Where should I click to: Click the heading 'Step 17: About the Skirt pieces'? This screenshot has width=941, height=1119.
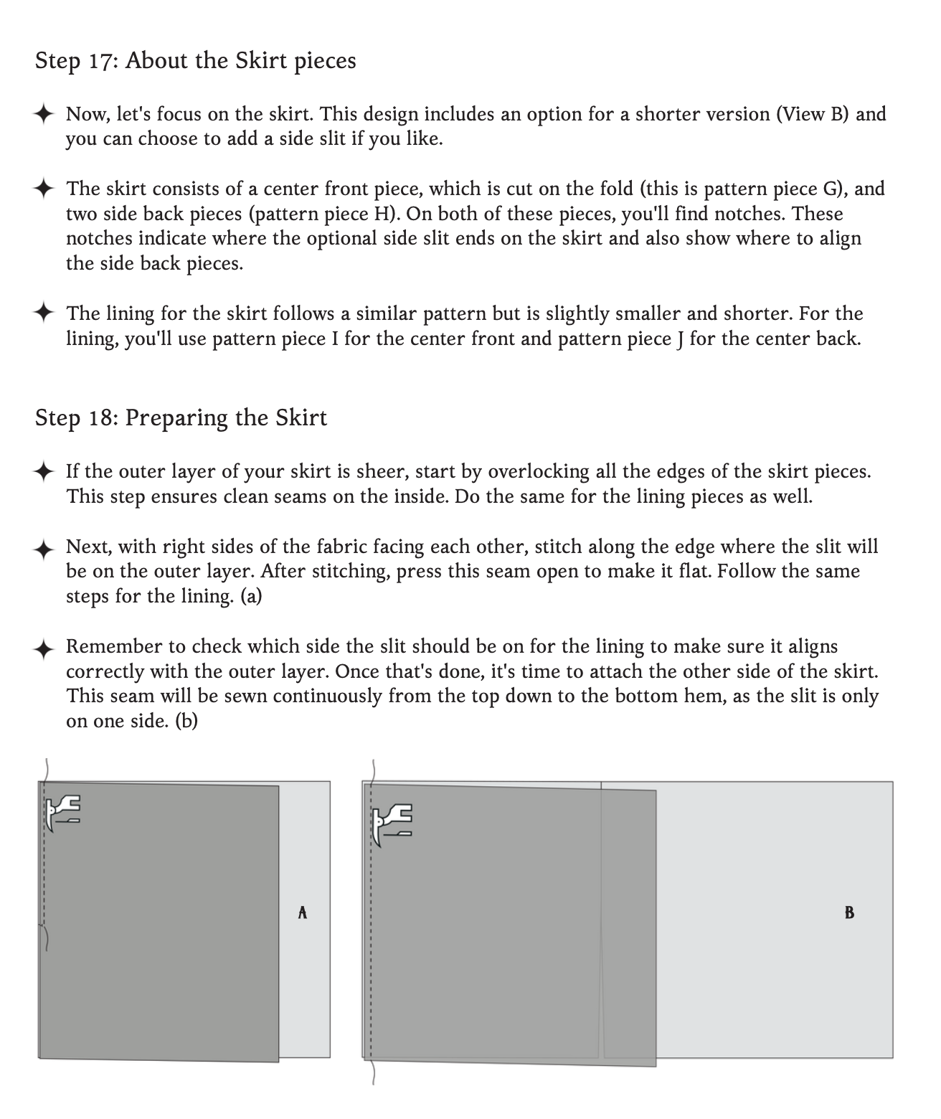point(195,60)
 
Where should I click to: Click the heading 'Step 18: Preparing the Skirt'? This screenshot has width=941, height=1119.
point(181,417)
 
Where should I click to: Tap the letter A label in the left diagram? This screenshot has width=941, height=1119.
point(303,912)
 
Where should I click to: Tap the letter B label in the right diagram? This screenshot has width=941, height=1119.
point(849,912)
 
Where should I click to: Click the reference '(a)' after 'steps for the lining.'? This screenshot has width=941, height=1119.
point(251,596)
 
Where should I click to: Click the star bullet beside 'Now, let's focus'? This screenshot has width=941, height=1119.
point(44,114)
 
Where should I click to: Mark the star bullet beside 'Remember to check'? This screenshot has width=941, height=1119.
point(44,648)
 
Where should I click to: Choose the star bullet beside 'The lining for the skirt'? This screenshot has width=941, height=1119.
point(44,313)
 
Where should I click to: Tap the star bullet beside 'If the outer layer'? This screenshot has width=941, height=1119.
point(44,472)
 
